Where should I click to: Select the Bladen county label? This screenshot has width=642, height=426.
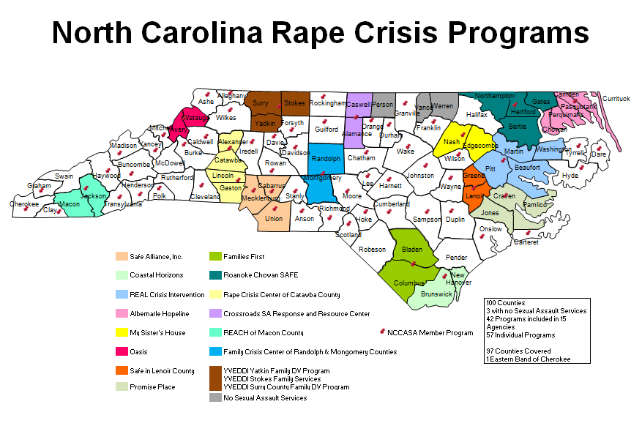point(412,250)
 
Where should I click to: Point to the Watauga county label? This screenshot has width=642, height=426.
point(195,117)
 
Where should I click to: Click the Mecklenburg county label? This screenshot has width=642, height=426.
point(261,198)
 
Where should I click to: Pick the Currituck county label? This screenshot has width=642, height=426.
point(616,98)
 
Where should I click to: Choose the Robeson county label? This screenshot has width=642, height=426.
point(372,250)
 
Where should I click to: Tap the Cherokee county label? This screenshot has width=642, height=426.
point(24,204)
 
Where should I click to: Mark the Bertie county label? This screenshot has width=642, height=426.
point(517,127)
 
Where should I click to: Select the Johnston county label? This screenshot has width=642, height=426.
point(420,176)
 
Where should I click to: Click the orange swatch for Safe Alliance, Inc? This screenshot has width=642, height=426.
point(121,257)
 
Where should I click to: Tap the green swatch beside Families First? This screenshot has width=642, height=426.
point(215,257)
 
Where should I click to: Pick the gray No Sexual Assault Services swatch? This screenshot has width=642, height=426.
point(215,397)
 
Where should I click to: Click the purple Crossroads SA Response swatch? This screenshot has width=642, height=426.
point(215,313)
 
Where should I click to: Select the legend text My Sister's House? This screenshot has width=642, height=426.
point(157,333)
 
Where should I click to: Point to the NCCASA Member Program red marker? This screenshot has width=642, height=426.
point(381,332)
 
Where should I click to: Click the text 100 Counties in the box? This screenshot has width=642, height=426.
point(505,302)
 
